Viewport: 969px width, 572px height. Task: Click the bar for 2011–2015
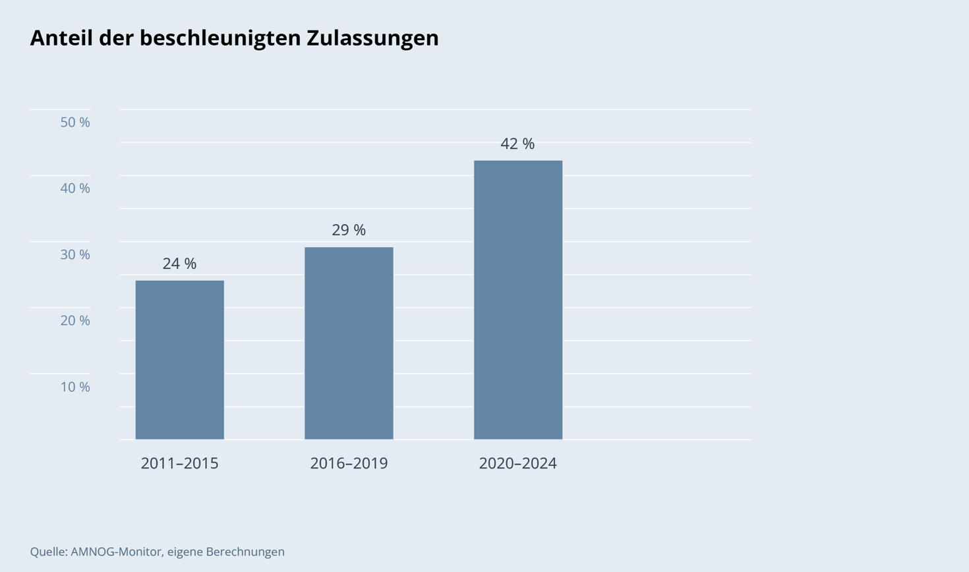pyautogui.click(x=179, y=360)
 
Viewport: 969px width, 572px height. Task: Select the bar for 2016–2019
pyautogui.click(x=349, y=343)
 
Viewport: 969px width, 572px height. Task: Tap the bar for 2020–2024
pyautogui.click(x=518, y=300)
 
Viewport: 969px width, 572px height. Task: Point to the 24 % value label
pyautogui.click(x=179, y=264)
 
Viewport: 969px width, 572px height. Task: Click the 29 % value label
pyautogui.click(x=349, y=230)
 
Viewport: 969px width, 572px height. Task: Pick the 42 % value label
pyautogui.click(x=517, y=144)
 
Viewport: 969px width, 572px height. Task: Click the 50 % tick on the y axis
pyautogui.click(x=75, y=123)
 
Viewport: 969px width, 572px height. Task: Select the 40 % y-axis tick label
pyautogui.click(x=75, y=188)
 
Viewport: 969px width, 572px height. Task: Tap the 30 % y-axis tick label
pyautogui.click(x=75, y=254)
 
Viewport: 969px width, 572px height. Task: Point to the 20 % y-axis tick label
pyautogui.click(x=75, y=320)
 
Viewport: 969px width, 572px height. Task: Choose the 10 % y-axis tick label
pyautogui.click(x=75, y=387)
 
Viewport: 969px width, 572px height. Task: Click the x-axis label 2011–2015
pyautogui.click(x=179, y=463)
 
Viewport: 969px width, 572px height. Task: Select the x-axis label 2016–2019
pyautogui.click(x=349, y=463)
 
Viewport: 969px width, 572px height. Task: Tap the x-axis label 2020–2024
pyautogui.click(x=517, y=463)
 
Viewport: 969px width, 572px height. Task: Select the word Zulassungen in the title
pyautogui.click(x=372, y=38)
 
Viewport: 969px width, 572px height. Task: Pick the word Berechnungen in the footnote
pyautogui.click(x=245, y=552)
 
